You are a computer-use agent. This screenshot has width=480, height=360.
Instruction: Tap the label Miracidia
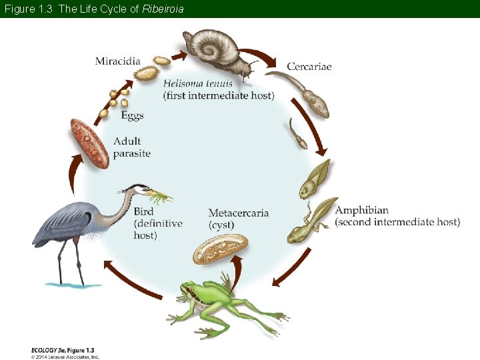click(118, 61)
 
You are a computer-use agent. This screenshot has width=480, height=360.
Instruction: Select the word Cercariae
click(309, 66)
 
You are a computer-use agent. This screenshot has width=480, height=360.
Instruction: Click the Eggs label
click(132, 115)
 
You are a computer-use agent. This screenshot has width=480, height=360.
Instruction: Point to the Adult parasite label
click(131, 147)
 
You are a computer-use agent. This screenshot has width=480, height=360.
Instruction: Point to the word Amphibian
click(361, 210)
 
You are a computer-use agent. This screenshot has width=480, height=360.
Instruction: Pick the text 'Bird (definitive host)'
click(158, 223)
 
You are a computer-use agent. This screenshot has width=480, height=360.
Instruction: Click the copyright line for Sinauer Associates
click(65, 357)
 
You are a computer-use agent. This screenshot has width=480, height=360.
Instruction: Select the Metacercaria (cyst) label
click(238, 219)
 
